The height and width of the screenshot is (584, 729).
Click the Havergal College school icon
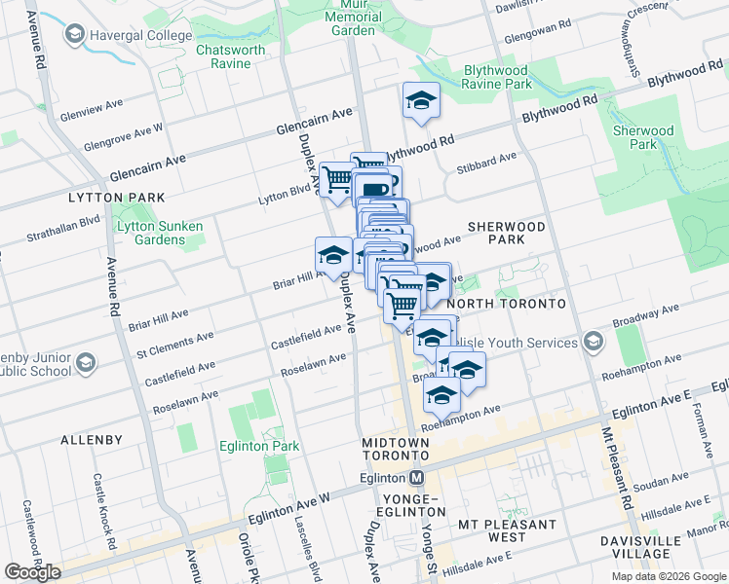click(74, 36)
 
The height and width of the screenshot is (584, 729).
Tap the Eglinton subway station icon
click(417, 478)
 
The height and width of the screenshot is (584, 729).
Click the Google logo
click(32, 572)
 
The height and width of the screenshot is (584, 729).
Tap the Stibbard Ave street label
click(493, 159)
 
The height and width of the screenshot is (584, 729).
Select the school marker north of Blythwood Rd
click(421, 100)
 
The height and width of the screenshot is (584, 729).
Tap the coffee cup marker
click(376, 187)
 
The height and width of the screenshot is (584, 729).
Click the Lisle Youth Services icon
click(592, 342)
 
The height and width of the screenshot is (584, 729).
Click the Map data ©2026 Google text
click(668, 576)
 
